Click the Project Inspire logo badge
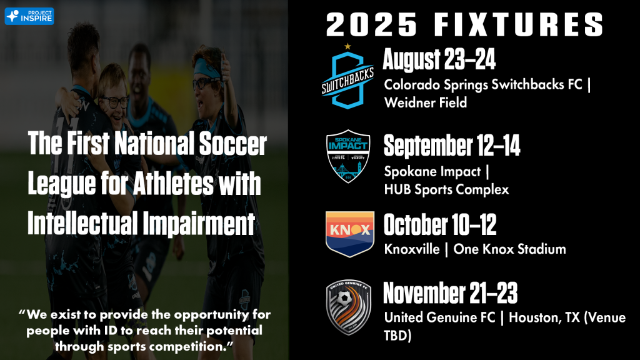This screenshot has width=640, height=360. point(29,16)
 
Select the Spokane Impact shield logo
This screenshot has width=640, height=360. point(348,156)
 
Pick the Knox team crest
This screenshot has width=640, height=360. point(350,234)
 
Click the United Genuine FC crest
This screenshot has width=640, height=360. point(349,307)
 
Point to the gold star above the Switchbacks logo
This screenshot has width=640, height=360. point(347,46)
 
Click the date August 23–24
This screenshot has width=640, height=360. point(439,59)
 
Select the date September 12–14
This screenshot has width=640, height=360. point(452,146)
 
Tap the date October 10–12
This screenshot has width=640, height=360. point(440,224)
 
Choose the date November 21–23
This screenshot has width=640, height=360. point(450,293)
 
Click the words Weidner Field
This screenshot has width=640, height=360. point(425,102)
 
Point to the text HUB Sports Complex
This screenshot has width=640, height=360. point(446,189)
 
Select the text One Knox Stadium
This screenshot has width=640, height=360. point(510,249)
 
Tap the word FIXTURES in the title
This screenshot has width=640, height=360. point(519,24)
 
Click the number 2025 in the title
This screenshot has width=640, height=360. point(372,24)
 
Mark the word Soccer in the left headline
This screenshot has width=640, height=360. point(233,144)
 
